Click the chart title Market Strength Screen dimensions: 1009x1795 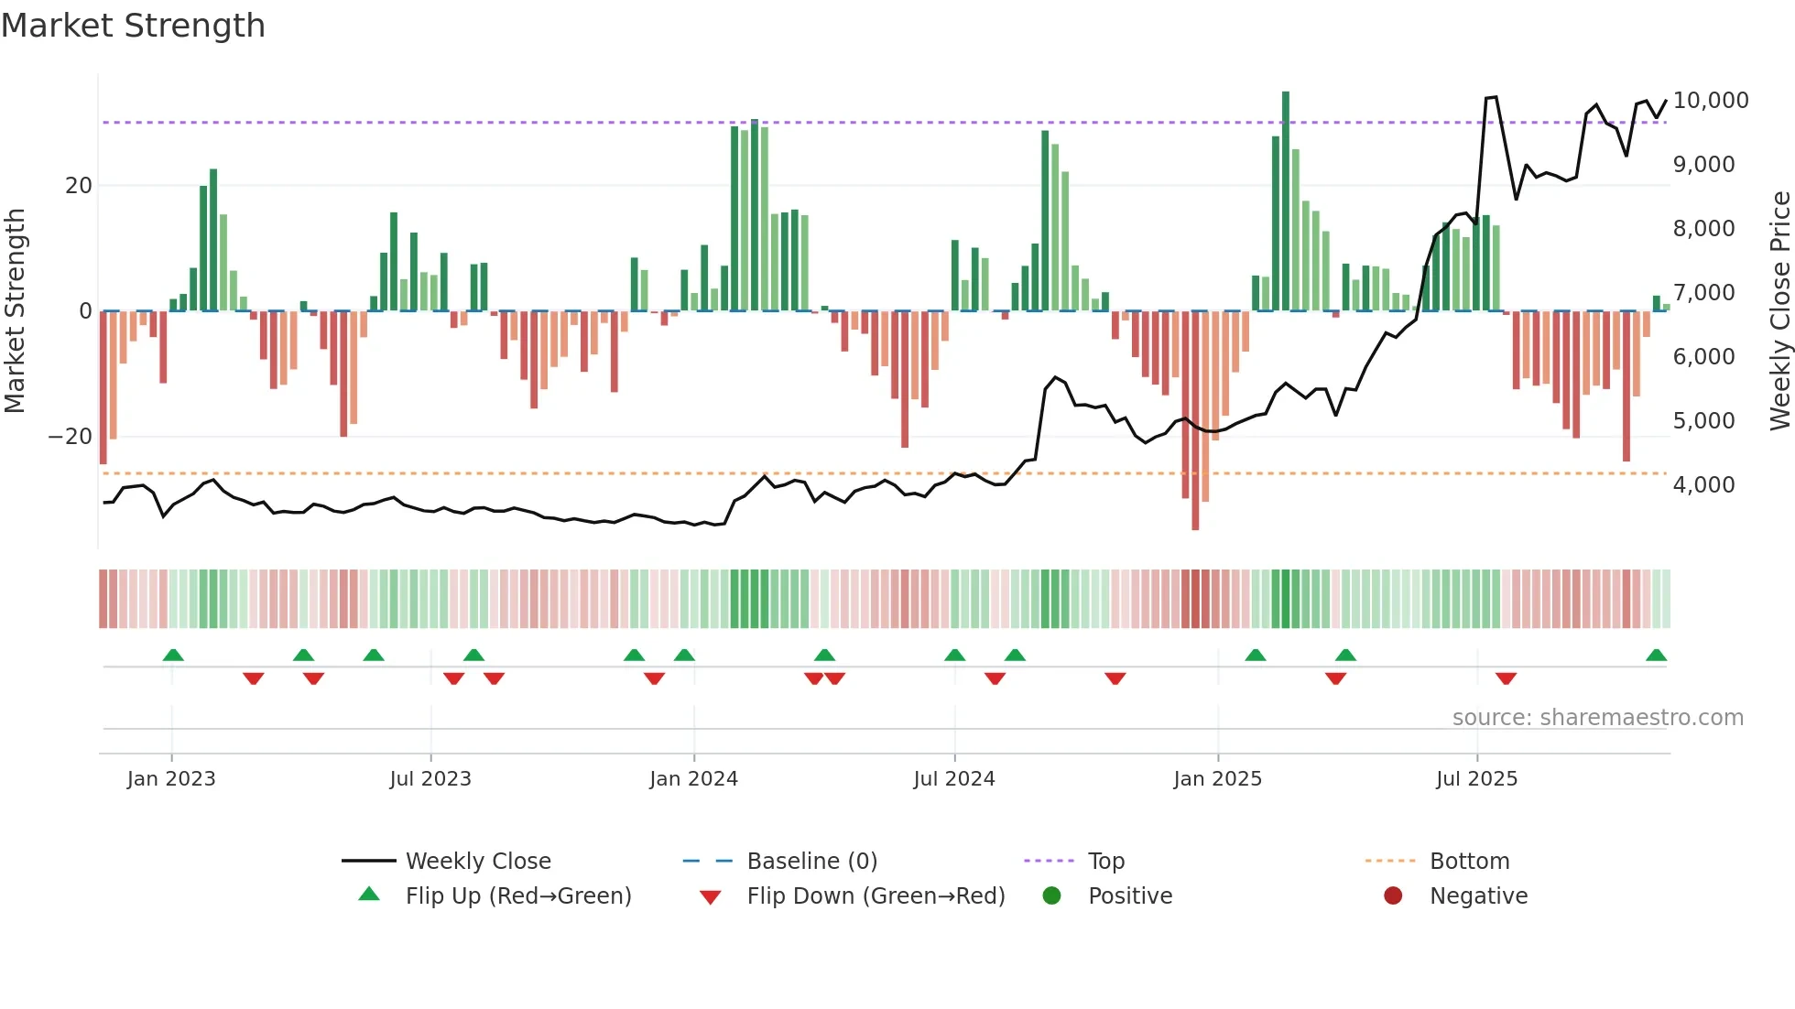[x=133, y=26]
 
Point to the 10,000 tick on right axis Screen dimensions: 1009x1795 [x=1710, y=101]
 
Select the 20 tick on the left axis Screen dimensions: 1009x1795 [x=79, y=186]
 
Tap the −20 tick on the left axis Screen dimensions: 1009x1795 [x=71, y=437]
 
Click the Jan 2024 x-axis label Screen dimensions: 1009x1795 [x=693, y=779]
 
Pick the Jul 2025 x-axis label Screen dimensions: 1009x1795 [x=1476, y=779]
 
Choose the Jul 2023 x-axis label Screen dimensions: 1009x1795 [x=430, y=779]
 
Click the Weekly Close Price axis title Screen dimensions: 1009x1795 [x=1779, y=311]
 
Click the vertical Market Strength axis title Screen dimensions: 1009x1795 [x=15, y=311]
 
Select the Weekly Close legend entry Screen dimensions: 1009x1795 [x=477, y=862]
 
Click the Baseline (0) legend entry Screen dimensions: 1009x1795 [x=811, y=862]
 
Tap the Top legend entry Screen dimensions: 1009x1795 [x=1105, y=862]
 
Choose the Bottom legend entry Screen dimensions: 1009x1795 [x=1469, y=862]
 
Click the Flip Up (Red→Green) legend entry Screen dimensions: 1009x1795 [x=517, y=896]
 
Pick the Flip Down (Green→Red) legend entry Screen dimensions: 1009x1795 [x=875, y=896]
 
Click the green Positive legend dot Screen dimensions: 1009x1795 [x=1051, y=896]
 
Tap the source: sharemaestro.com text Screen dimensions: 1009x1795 [x=1597, y=718]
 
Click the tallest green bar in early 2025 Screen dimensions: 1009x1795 [x=1286, y=201]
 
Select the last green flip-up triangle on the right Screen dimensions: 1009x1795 [x=1656, y=656]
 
